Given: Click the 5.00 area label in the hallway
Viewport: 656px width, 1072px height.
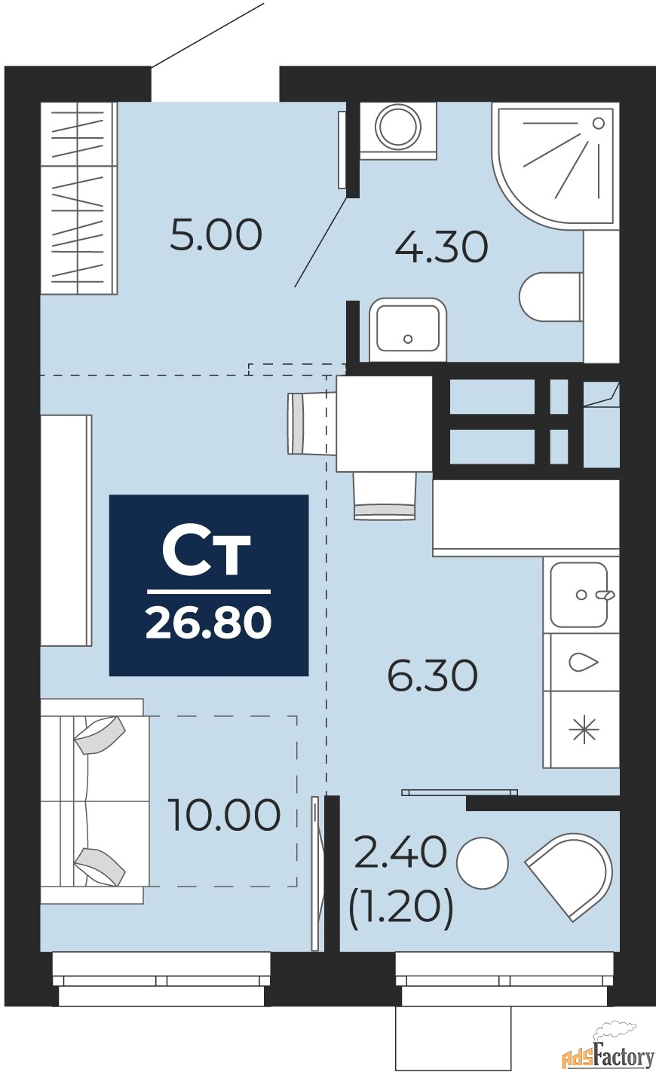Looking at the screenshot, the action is [216, 235].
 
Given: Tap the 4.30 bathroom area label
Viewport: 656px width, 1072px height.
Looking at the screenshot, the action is [441, 247].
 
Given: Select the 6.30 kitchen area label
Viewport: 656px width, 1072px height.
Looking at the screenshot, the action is [433, 675].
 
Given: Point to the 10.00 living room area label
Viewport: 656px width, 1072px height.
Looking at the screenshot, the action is [224, 815].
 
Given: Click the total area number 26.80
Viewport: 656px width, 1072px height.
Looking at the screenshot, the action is [209, 623].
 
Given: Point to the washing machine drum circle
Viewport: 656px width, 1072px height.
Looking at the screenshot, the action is [398, 126].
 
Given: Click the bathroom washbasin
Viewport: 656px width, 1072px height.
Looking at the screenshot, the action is [407, 329].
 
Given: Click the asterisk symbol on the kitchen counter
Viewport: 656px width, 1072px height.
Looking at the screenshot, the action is [583, 730].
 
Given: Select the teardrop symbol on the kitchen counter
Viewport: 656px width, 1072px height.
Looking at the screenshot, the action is [583, 662].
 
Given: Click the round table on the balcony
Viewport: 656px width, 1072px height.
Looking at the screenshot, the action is [482, 862].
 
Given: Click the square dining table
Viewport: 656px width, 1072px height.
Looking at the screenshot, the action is [384, 424].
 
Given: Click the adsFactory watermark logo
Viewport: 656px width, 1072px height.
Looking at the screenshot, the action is [607, 1052].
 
